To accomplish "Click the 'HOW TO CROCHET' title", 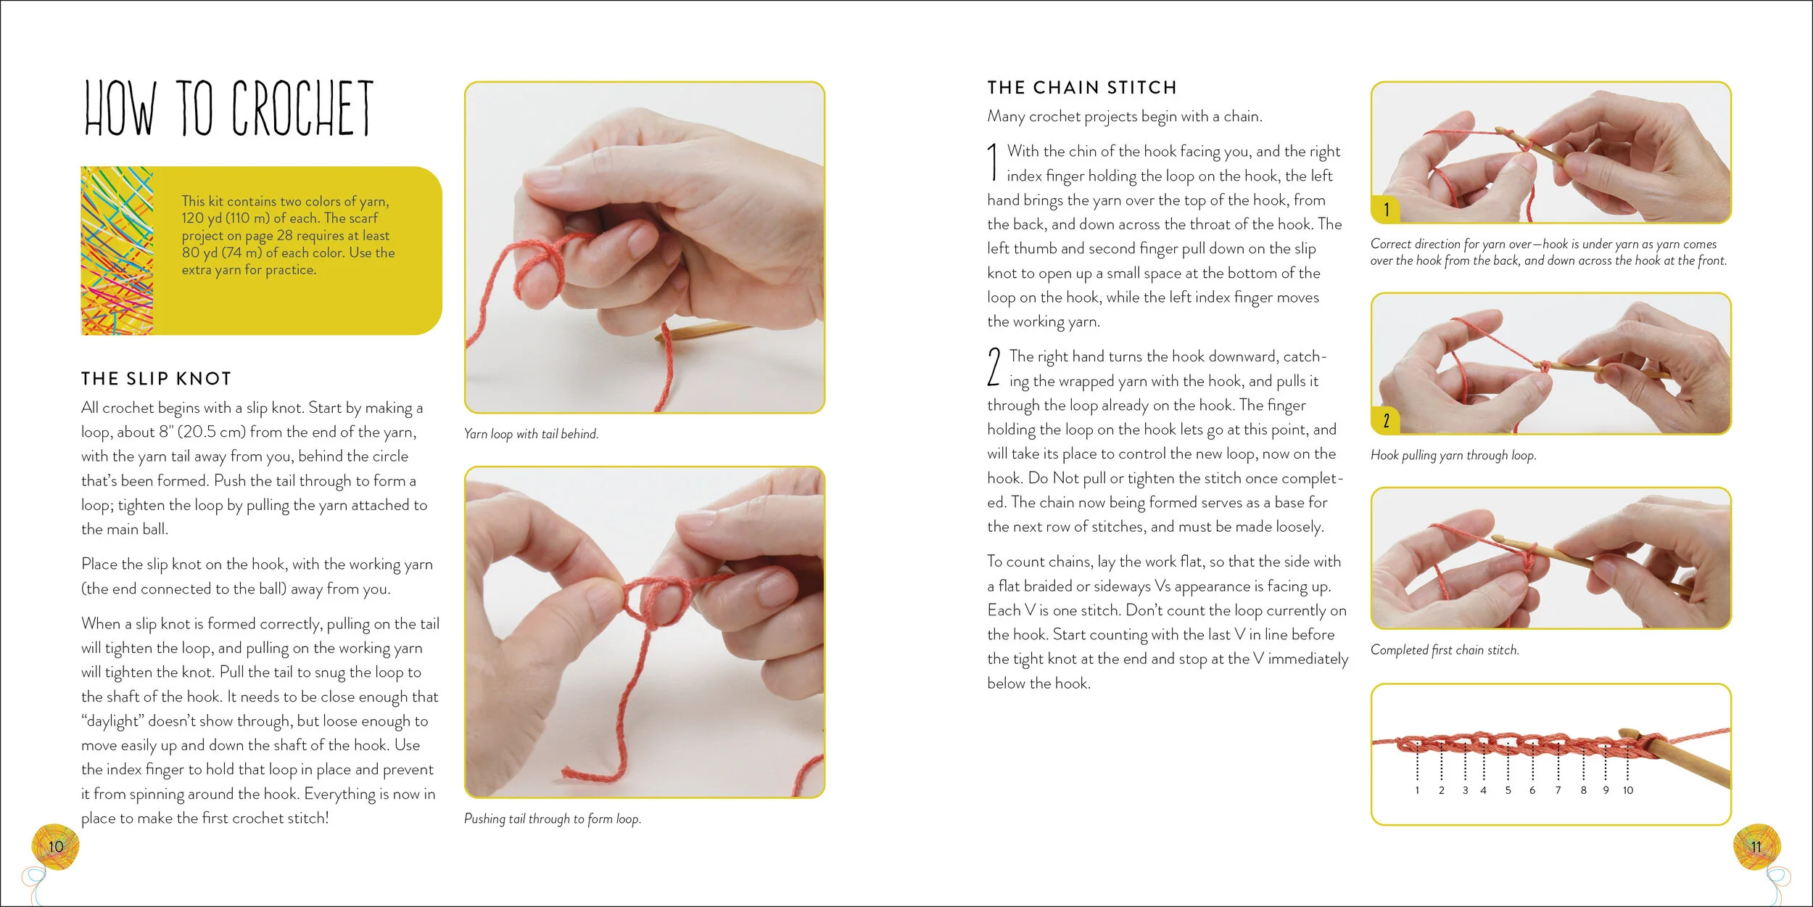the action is (x=228, y=108).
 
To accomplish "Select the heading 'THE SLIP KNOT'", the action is (x=156, y=379).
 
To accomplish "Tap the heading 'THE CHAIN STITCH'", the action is (x=1081, y=88).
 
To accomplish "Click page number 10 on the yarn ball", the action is (x=56, y=846).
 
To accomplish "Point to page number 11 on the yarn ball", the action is (x=1756, y=847).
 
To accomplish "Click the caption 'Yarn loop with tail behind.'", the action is (x=531, y=434).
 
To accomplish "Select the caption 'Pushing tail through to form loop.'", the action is (x=553, y=818).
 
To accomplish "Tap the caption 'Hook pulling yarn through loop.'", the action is (x=1453, y=456).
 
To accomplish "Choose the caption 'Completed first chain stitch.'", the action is (x=1445, y=650).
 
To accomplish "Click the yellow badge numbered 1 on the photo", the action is (x=1386, y=209).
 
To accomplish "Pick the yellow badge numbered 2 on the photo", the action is (x=1386, y=420).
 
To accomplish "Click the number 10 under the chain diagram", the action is (x=1628, y=790).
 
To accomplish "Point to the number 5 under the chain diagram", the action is (x=1508, y=790).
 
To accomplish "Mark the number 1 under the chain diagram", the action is (x=1417, y=790).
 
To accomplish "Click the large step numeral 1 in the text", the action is (x=993, y=162).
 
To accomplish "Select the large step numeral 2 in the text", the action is (x=994, y=366).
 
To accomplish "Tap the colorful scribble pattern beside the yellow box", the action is (x=117, y=251).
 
